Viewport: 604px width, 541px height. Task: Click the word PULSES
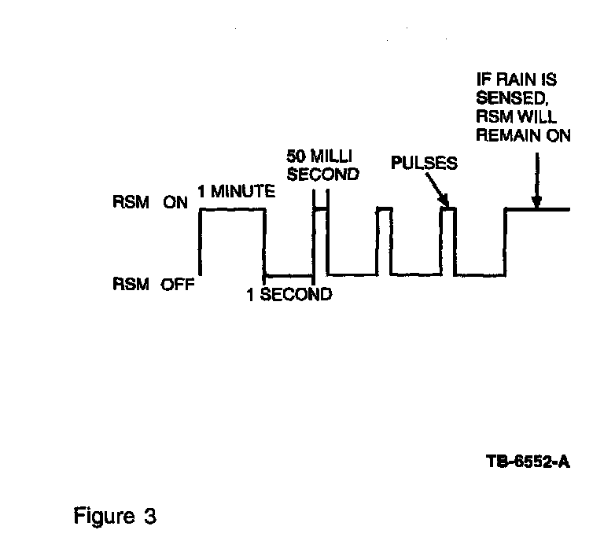point(424,164)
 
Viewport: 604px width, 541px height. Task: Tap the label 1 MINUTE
point(236,191)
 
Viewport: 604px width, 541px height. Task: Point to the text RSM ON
point(150,203)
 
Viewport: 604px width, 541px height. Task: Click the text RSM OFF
point(153,285)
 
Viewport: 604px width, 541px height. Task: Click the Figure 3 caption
point(115,517)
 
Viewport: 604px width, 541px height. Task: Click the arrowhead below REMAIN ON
point(537,204)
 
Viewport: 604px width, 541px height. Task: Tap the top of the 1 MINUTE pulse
point(232,209)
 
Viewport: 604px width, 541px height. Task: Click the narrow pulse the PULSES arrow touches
point(447,209)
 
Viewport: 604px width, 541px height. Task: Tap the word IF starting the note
point(486,79)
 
